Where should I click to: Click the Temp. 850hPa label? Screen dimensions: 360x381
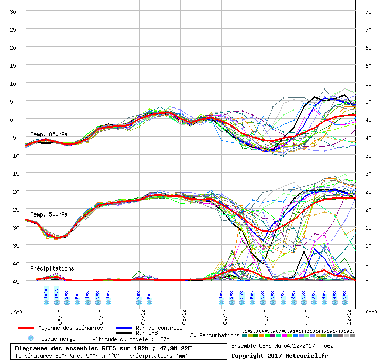(x=49, y=134)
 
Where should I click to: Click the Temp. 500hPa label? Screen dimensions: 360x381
(x=49, y=214)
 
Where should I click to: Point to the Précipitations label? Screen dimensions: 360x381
(x=52, y=268)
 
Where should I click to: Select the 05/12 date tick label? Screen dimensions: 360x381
(x=60, y=314)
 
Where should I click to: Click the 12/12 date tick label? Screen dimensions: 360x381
(x=349, y=314)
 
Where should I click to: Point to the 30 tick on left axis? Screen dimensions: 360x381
(x=13, y=11)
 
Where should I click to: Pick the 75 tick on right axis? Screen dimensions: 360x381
(x=368, y=11)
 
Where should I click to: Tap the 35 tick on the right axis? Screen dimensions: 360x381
(x=368, y=155)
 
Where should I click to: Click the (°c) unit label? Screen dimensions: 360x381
(x=16, y=311)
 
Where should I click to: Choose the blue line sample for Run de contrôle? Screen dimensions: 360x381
(x=124, y=328)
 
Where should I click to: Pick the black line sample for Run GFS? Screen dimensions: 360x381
(x=124, y=333)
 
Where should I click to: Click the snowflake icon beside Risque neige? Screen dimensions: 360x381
(x=31, y=339)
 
